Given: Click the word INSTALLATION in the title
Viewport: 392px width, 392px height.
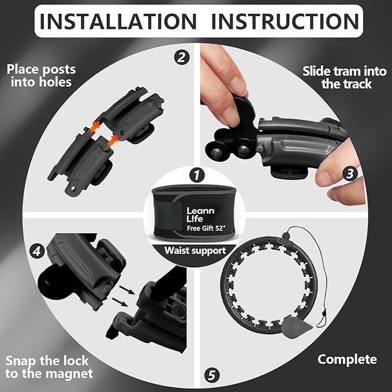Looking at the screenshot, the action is (118, 21).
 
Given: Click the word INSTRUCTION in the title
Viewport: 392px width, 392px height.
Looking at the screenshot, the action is (285, 21).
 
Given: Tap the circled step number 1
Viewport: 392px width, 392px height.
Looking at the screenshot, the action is (197, 175).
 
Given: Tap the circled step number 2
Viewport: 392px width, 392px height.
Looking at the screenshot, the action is (182, 57).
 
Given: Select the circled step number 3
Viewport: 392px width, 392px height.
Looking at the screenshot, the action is (350, 174).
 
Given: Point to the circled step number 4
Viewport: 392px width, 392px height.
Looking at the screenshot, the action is (37, 251).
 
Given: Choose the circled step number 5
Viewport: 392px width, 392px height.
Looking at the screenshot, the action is (211, 375).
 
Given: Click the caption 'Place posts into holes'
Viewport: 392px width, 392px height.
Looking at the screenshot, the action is (41, 76).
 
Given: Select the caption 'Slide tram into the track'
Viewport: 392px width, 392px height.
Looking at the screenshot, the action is (345, 77).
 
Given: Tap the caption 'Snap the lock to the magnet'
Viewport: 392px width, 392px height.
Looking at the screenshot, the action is (49, 367).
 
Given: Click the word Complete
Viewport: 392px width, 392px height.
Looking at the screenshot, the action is (347, 360).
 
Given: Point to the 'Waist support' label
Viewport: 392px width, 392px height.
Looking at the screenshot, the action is (195, 251).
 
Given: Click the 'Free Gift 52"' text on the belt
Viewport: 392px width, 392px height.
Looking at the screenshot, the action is (206, 228).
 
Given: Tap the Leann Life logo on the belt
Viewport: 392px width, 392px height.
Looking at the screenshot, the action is (200, 215).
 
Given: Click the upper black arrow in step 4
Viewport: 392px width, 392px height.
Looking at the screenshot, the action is (127, 290).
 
